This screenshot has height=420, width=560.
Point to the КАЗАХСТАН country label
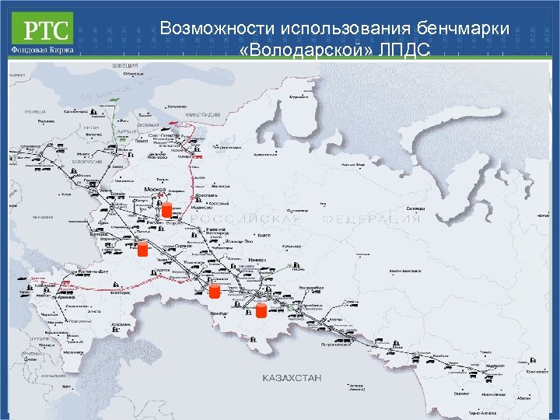tap(292, 377)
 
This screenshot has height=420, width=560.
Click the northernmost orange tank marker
tap(166, 209)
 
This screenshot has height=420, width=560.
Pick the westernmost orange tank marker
tap(142, 250)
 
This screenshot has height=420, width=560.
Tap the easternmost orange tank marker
tap(261, 310)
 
